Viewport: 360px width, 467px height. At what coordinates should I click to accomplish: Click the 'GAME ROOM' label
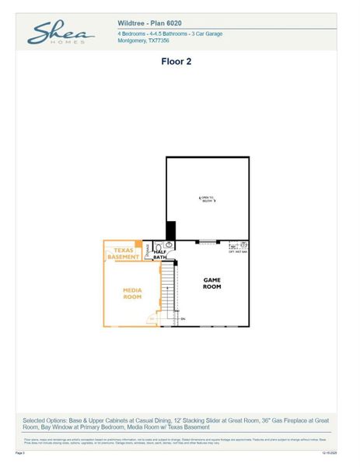coord(212,283)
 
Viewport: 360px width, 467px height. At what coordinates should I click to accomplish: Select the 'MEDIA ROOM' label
coord(132,293)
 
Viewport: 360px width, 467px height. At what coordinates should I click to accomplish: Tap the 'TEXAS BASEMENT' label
coord(123,253)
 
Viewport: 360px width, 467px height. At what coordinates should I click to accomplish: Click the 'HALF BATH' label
coord(159,254)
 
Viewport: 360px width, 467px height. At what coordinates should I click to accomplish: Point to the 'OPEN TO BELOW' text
coord(207,199)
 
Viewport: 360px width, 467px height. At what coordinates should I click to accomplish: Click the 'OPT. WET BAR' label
coord(237,251)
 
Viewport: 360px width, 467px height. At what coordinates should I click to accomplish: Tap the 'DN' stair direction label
coord(183,319)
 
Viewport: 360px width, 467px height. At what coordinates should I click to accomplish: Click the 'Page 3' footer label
coord(21,451)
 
